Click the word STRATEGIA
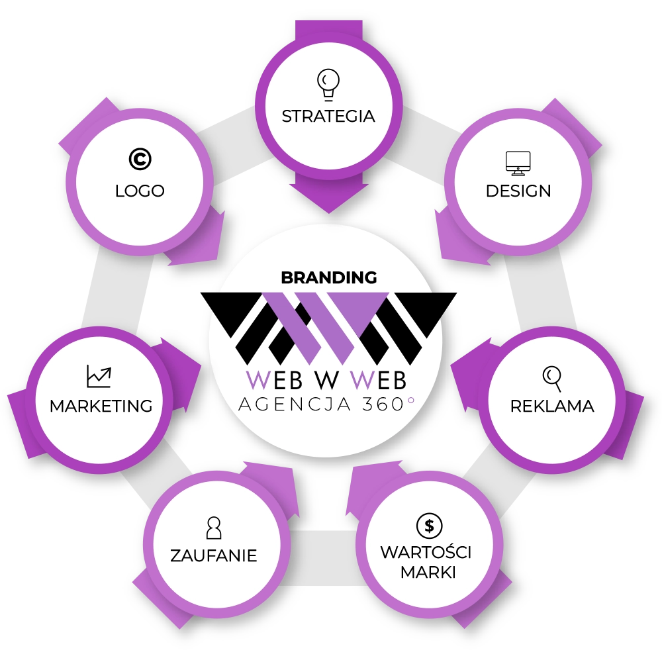pyautogui.click(x=328, y=116)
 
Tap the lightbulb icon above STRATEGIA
pyautogui.click(x=328, y=83)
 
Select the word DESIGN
pyautogui.click(x=518, y=191)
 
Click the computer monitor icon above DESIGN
pyautogui.click(x=518, y=163)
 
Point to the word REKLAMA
pyautogui.click(x=552, y=406)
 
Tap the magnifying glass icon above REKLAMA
pyautogui.click(x=552, y=377)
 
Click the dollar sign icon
pyautogui.click(x=429, y=526)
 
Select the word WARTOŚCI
pyautogui.click(x=426, y=553)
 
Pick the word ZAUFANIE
pyautogui.click(x=213, y=555)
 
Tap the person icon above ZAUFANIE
pyautogui.click(x=213, y=528)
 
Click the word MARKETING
pyautogui.click(x=101, y=405)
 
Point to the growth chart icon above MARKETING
pyautogui.click(x=99, y=377)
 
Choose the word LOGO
pyautogui.click(x=140, y=191)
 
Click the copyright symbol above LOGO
pyautogui.click(x=140, y=160)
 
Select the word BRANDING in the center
pyautogui.click(x=329, y=277)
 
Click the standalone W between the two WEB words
pyautogui.click(x=329, y=380)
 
